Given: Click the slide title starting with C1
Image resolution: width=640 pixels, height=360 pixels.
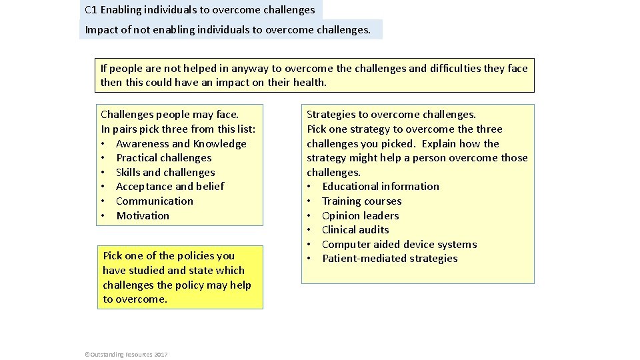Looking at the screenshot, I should [200, 10].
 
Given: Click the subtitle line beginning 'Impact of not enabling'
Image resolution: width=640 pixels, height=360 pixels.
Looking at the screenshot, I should [227, 29].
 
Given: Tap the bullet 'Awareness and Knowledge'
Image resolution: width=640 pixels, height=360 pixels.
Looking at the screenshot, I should [181, 143].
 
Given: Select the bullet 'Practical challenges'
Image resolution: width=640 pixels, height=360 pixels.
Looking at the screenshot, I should [163, 158].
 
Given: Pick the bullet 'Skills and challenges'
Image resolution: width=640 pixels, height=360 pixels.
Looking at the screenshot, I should [165, 172].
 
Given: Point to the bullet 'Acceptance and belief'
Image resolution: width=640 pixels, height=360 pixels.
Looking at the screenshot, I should [170, 187].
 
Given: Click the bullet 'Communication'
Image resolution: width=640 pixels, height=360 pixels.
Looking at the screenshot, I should [155, 201].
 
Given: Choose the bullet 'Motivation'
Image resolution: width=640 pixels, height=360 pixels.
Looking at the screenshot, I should [143, 215].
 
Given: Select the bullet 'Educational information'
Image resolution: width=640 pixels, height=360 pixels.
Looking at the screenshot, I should [381, 187].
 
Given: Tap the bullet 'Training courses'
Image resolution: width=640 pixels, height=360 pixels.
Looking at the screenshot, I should [361, 201].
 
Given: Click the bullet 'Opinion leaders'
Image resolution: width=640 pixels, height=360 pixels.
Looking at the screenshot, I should [360, 215].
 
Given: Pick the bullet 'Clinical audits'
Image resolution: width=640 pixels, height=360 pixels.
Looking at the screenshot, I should [355, 230].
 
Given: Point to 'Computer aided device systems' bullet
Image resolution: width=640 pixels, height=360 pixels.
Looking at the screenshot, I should [399, 244].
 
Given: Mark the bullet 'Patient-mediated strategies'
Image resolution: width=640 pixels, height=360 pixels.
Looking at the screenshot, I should [389, 259].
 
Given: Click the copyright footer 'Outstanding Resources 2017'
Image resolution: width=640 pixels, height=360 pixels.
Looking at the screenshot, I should [127, 354].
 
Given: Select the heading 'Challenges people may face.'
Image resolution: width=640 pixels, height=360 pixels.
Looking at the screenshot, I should [169, 115].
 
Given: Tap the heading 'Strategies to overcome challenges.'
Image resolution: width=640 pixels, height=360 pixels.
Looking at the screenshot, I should [391, 115].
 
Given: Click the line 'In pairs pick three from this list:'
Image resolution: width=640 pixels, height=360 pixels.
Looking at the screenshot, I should [178, 129].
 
